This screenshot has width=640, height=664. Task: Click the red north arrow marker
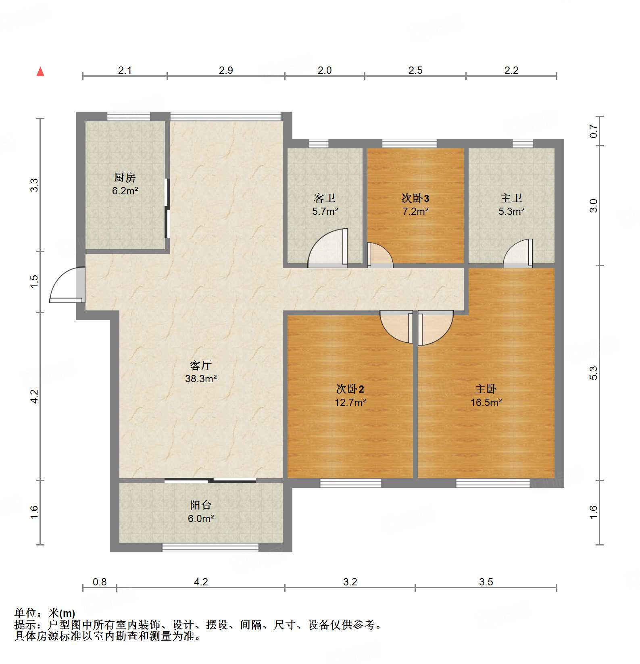click(x=40, y=72)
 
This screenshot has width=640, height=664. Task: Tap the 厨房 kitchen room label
click(x=125, y=177)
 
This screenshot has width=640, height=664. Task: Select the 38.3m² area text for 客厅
click(x=201, y=379)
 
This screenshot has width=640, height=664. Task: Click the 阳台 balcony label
click(x=200, y=505)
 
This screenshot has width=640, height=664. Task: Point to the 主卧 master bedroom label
click(x=486, y=389)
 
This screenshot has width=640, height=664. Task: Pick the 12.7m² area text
click(x=350, y=402)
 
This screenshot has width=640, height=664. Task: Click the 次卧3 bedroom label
click(x=415, y=198)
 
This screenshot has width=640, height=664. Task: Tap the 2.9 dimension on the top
click(x=226, y=70)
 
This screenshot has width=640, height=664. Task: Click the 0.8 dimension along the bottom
click(x=100, y=582)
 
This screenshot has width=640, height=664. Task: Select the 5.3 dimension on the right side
click(x=593, y=373)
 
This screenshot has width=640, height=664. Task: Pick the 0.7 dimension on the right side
click(x=593, y=131)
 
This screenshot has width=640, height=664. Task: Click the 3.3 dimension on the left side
click(x=34, y=185)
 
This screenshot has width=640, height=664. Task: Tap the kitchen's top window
click(x=128, y=117)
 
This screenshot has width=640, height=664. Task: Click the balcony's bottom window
click(x=210, y=547)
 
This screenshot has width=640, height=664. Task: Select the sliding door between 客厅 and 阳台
click(x=210, y=480)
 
